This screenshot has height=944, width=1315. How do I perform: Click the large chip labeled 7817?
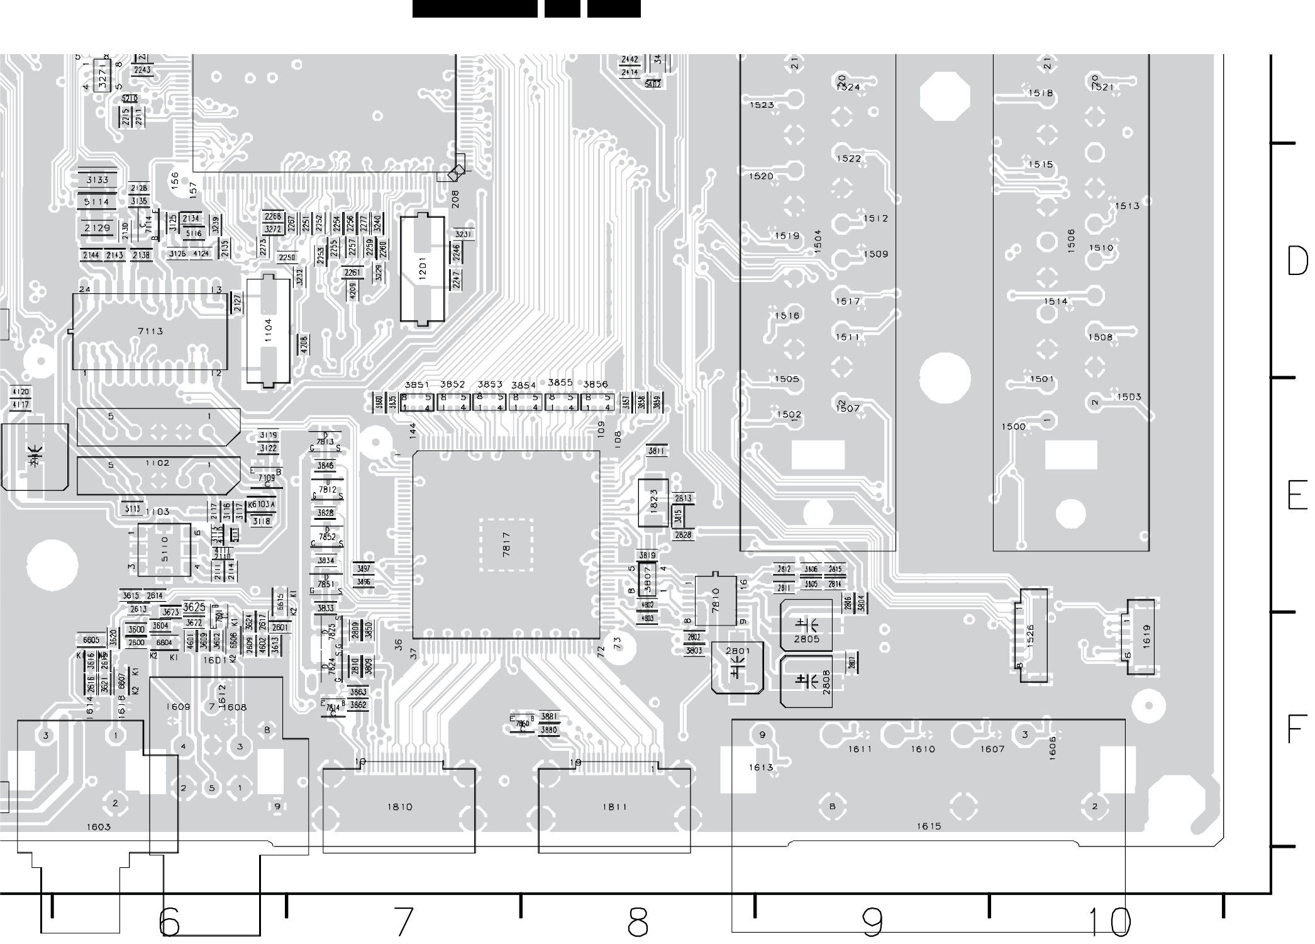click(x=506, y=545)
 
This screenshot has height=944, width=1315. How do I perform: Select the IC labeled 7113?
click(x=150, y=332)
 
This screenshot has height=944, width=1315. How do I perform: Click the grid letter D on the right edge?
click(x=1297, y=261)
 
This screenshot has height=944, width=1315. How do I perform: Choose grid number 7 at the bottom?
click(x=403, y=922)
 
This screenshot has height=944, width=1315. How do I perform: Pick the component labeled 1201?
click(x=423, y=270)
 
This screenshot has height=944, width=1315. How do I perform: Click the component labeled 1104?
click(x=269, y=330)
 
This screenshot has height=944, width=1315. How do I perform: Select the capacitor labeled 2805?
click(x=806, y=626)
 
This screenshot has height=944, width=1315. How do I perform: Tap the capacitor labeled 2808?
click(x=806, y=682)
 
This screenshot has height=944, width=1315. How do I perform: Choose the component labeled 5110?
click(x=164, y=549)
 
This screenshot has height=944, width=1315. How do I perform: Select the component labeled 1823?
click(x=653, y=503)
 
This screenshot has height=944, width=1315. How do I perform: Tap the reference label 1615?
click(x=928, y=826)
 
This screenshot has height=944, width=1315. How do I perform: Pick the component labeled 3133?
click(x=97, y=180)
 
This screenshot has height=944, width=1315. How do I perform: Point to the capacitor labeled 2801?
click(x=738, y=667)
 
